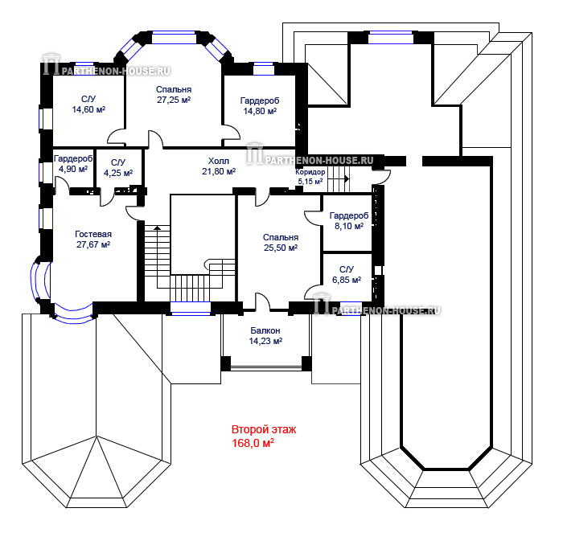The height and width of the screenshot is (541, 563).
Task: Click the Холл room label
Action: [x=219, y=161]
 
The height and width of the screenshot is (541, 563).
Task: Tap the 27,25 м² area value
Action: [x=174, y=100]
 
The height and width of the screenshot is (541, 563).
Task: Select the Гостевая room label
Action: [x=93, y=234]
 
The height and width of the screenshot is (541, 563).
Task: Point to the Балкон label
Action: [x=265, y=330]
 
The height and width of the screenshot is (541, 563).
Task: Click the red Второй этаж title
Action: [x=264, y=429]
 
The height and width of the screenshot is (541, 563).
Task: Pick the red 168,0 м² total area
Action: [x=253, y=443]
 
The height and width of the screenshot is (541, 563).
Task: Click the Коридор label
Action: [x=310, y=172]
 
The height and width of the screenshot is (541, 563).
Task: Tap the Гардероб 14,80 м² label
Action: [x=260, y=106]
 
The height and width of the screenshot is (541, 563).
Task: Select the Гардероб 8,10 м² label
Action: [x=349, y=220]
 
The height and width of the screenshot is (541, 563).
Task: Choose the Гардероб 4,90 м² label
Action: [x=73, y=164]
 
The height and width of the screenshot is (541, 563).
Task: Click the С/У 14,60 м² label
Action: [x=88, y=105]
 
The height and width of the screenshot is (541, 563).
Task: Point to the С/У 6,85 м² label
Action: [x=347, y=275]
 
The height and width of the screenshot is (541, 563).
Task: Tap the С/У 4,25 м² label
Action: [x=118, y=168]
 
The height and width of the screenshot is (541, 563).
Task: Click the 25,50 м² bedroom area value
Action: [x=281, y=248]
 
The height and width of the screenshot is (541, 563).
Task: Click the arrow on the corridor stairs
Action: [x=347, y=178]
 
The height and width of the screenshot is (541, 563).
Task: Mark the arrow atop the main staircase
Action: [x=157, y=227]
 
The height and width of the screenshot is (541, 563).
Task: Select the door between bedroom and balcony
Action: [x=262, y=301]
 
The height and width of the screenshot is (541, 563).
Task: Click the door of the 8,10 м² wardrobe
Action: [x=313, y=218]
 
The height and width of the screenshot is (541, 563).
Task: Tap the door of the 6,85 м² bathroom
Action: [x=313, y=292]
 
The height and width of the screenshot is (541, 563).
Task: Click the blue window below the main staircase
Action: [x=191, y=309]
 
